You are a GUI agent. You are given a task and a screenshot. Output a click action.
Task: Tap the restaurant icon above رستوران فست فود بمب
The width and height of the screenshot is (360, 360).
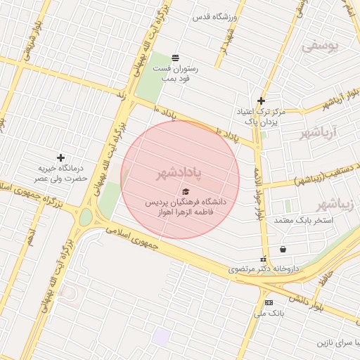174,57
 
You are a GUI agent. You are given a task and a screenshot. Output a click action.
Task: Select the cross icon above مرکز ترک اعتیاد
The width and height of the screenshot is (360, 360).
261,101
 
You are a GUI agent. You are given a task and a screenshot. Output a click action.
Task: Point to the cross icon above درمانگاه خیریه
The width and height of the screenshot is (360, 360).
61,157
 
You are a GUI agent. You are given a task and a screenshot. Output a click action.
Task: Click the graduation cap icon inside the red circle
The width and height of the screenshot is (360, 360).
186,191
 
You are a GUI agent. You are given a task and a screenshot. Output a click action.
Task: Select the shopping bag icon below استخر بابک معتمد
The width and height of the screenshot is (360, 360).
283,248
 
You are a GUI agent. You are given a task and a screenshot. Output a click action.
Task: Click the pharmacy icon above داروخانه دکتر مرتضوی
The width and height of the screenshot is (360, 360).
264,259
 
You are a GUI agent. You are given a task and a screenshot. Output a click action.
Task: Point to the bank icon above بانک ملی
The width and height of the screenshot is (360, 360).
268,302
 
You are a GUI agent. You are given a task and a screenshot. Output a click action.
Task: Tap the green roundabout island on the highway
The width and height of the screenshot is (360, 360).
85,217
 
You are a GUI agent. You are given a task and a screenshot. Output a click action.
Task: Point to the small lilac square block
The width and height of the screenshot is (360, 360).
161,337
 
